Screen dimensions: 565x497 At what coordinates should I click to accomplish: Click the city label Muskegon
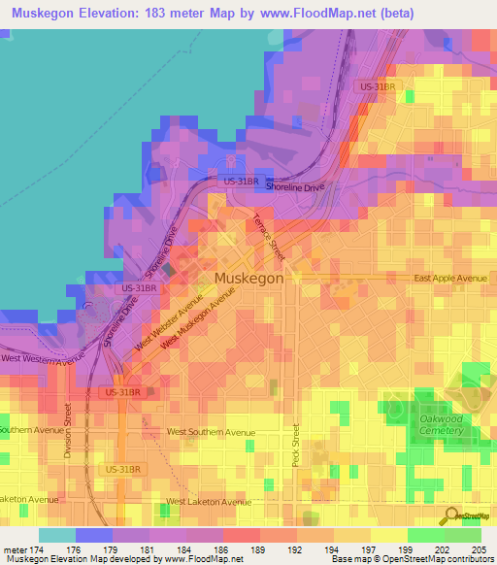248,278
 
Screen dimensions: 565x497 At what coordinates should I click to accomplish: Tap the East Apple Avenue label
449,279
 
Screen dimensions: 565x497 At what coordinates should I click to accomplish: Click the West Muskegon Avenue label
199,323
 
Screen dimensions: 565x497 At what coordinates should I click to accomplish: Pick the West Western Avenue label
43,360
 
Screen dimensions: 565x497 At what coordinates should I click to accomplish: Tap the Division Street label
67,430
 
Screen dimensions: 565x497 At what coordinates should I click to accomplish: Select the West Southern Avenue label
211,432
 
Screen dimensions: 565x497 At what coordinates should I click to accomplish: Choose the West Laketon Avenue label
208,502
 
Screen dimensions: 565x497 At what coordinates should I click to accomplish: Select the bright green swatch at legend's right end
463,535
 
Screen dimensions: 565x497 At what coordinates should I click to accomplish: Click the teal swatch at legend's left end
57,535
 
